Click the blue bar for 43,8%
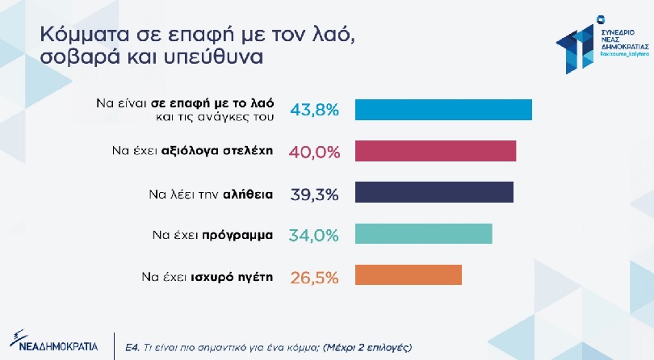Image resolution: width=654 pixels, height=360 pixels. point(443,110)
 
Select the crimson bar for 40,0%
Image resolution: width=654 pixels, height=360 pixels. point(435,151)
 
